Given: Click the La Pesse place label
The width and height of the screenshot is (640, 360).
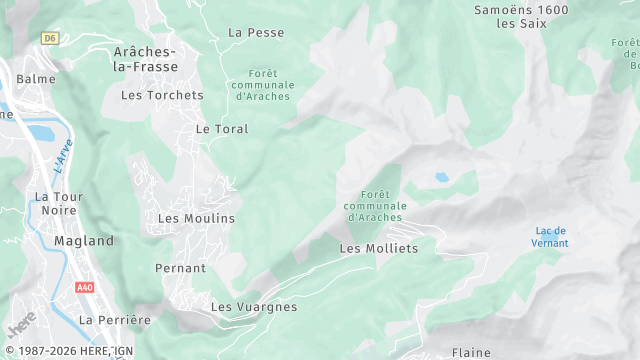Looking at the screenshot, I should coord(256,32).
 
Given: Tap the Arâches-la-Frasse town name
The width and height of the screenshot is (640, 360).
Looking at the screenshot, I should coord(146,59).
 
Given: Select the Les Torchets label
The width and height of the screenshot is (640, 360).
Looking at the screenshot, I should coord(162,96).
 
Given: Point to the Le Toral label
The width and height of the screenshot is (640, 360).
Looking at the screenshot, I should coord(222,129).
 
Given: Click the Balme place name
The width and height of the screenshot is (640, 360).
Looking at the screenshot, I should coord(36,78).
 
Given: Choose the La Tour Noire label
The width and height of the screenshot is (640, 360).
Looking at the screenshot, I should coord(55,204).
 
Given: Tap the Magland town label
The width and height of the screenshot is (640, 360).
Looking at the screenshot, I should coord(84,241).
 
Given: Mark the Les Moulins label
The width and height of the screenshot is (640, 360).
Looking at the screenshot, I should coord(196,218).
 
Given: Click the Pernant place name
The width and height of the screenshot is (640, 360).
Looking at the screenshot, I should coord(180,269).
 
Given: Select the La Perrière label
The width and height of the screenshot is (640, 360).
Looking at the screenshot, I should coord(114,320).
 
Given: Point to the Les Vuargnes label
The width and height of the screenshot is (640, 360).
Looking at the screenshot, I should coord(254,307).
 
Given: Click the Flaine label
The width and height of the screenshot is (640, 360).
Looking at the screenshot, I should coord(471,353).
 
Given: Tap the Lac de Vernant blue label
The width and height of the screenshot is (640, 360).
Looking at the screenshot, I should coord(551,237).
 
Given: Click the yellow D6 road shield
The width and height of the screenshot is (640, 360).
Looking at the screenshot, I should coord(50,38).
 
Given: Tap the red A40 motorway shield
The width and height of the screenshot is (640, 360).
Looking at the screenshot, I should coord(85,287).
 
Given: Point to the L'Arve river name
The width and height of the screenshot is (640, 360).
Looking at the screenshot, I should coord(63,155).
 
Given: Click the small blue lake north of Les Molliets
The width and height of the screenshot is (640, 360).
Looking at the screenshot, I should coord(441,178).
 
